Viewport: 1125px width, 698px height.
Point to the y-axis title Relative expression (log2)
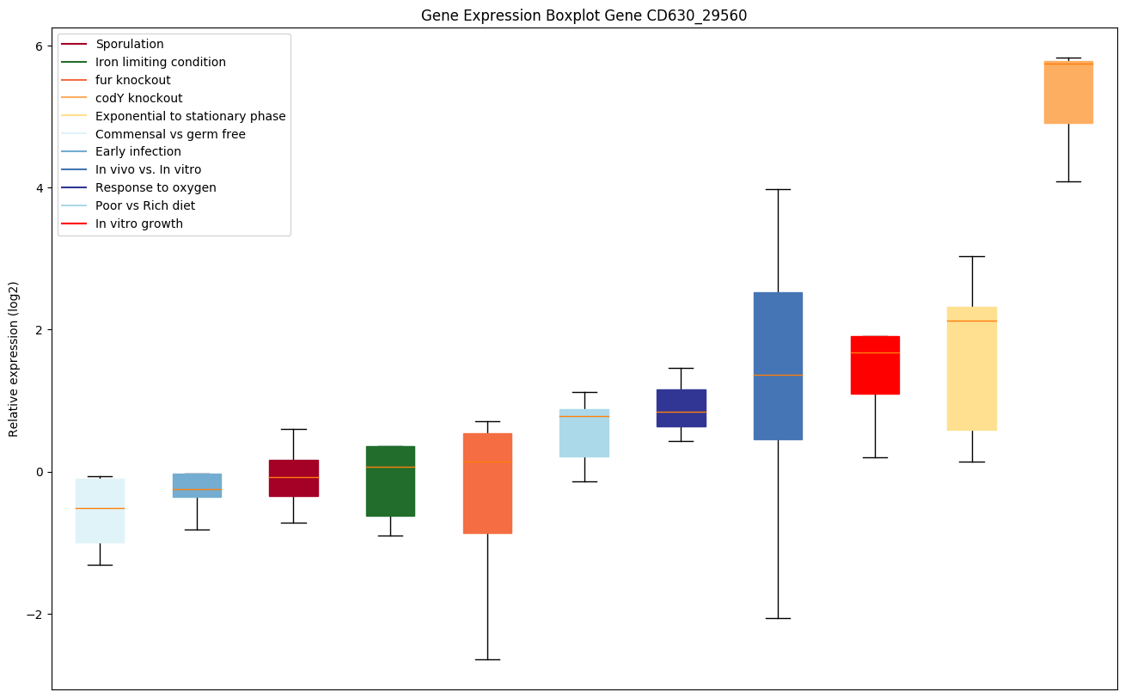pos(14,358)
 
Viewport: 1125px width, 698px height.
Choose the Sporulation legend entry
pos(130,44)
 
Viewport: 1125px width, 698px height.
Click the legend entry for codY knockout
pos(138,98)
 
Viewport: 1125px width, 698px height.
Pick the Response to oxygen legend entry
pos(156,187)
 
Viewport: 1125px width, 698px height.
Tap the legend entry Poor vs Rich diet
pos(145,205)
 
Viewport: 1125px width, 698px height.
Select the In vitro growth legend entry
pos(139,223)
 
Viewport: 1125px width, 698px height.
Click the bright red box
pos(875,365)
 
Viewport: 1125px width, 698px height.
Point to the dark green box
pos(390,481)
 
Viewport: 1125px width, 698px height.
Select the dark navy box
pos(681,408)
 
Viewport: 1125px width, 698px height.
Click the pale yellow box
pos(972,368)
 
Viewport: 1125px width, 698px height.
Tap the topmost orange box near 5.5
pos(1068,93)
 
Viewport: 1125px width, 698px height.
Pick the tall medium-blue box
pos(778,366)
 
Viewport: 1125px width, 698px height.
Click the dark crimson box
pos(293,478)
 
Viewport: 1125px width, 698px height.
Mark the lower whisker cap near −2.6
pos(487,659)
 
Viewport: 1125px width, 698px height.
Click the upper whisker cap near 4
pos(778,189)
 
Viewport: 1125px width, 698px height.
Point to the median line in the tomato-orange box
pos(487,462)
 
